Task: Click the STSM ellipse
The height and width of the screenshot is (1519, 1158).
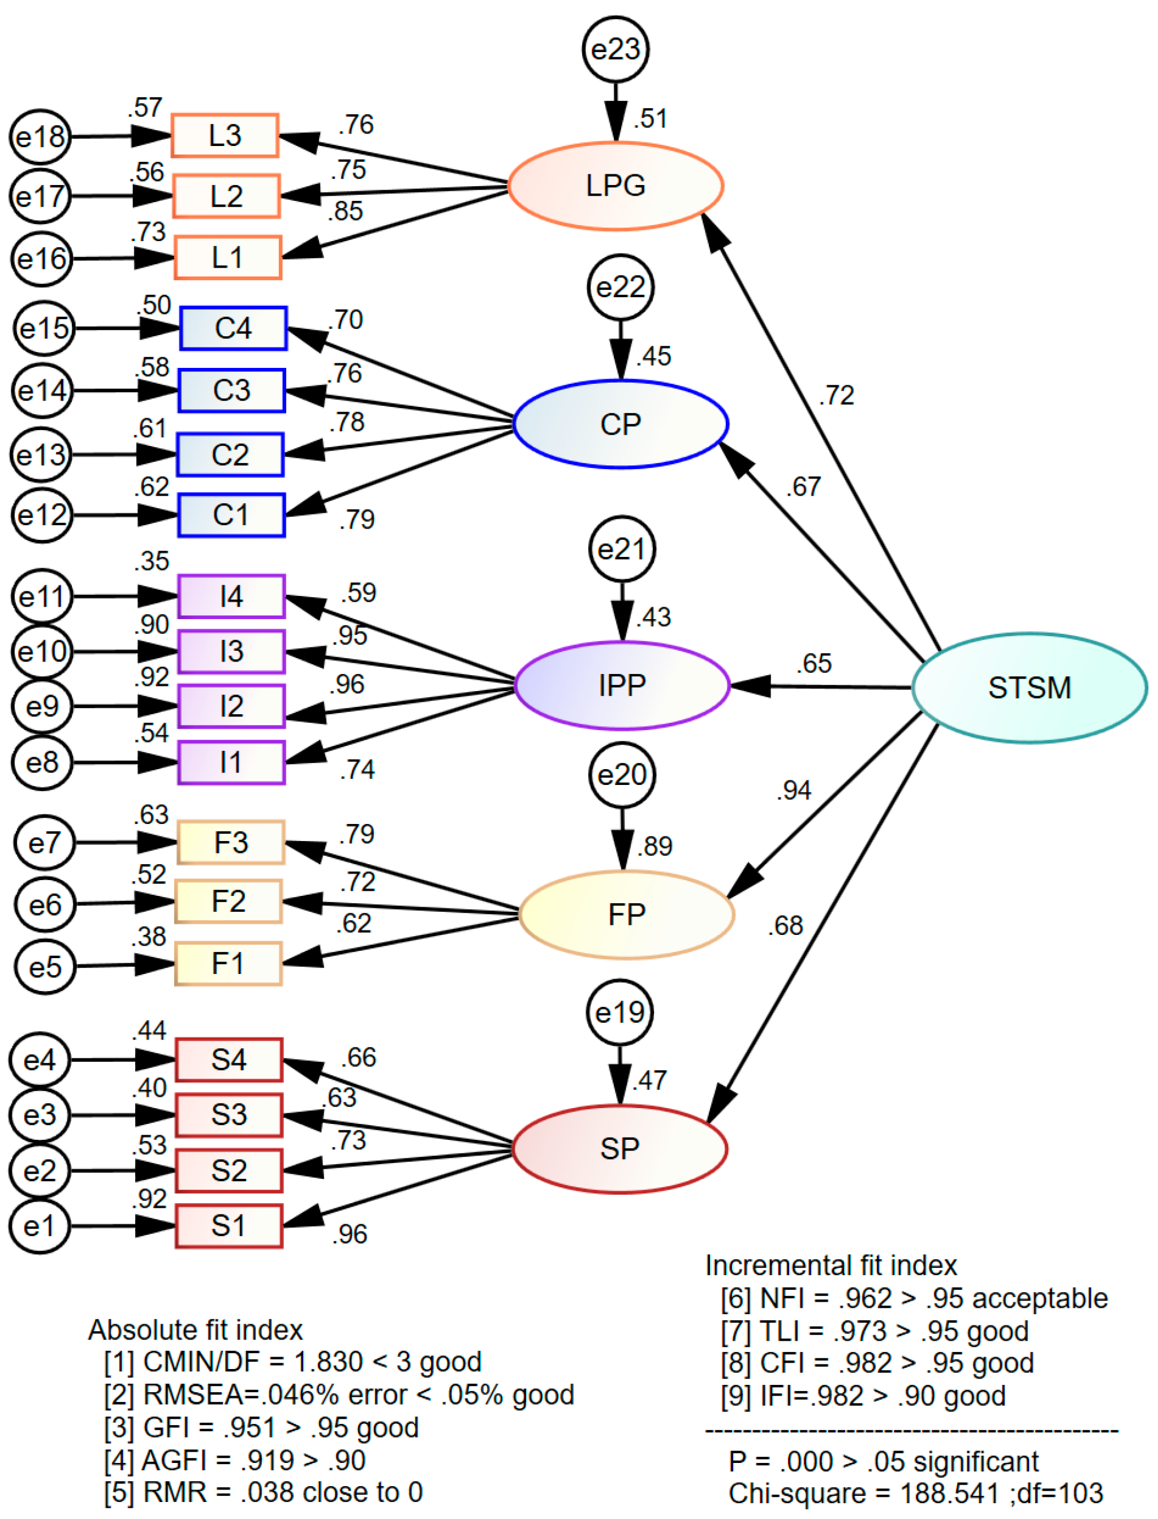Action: tap(1029, 688)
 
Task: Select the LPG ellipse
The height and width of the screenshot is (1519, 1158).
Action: tap(615, 186)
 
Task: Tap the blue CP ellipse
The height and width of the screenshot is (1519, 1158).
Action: tap(621, 424)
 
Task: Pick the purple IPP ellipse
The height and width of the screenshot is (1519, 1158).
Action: tap(622, 685)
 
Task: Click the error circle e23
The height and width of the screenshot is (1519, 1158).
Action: tap(615, 50)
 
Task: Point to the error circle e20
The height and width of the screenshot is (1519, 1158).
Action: tap(622, 775)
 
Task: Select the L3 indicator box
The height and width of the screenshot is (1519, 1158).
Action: tap(225, 136)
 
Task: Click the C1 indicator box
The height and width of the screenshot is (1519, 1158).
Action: tap(231, 515)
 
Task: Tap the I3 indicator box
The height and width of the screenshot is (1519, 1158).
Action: tap(231, 651)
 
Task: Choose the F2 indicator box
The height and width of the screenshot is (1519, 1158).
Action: tap(228, 901)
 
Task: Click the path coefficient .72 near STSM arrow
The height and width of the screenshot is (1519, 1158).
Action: tap(836, 396)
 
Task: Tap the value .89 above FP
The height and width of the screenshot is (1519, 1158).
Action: tap(654, 846)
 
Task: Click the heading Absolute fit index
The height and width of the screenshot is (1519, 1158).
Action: tap(196, 1329)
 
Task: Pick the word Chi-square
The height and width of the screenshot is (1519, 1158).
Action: tap(797, 1494)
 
